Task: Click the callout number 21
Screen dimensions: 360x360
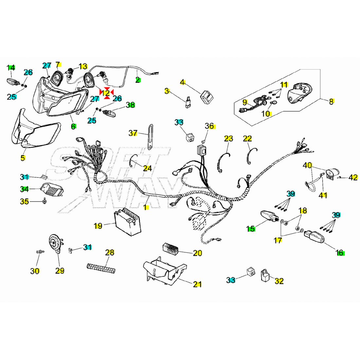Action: click(197, 284)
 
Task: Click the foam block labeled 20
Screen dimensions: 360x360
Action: click(171, 248)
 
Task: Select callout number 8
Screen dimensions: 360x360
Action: click(331, 101)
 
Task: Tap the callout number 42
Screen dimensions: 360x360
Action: click(353, 177)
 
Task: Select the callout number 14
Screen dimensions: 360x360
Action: click(11, 68)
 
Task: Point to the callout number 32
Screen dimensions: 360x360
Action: click(279, 281)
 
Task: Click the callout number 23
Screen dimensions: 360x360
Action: click(228, 138)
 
